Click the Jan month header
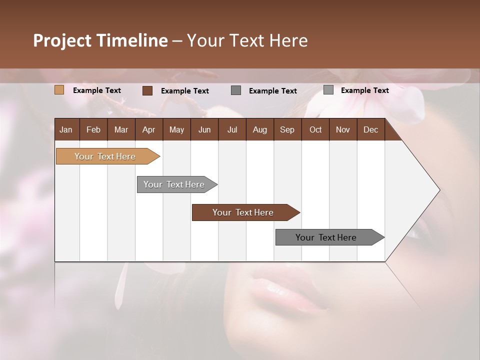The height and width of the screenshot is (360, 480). tap(66, 130)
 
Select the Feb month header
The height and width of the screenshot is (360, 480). tap(93, 130)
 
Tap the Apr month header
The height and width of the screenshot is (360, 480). tap(148, 130)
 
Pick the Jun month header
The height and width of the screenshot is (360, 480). tap(204, 130)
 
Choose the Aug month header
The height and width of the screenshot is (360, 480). tap(259, 130)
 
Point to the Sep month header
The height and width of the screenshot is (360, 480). tap(287, 130)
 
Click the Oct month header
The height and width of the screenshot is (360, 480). tap(315, 130)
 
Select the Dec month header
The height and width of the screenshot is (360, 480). tap(370, 130)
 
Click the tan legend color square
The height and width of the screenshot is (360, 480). tap(59, 90)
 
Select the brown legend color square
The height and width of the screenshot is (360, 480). tap(147, 90)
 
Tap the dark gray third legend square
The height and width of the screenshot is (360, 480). tap(236, 90)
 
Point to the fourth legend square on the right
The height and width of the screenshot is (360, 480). tap(328, 90)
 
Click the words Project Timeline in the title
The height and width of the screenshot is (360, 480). tap(100, 40)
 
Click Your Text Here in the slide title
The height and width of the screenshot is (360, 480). tap(247, 40)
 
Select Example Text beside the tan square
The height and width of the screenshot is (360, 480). tap(97, 90)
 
